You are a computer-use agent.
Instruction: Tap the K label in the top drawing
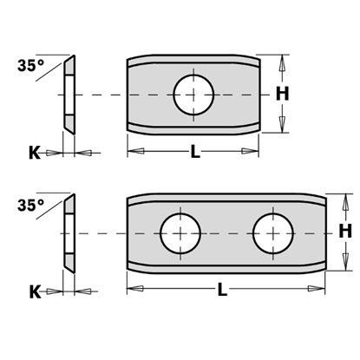coord(34,152)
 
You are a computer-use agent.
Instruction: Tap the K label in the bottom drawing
coord(34,291)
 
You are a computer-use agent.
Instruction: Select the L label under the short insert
coord(195,153)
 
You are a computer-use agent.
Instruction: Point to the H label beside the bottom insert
coord(344,232)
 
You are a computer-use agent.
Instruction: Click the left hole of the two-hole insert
coord(180,232)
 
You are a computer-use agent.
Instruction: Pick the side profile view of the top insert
coord(68,94)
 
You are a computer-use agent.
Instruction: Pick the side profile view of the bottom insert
coord(68,232)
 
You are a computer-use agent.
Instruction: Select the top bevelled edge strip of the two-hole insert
coord(227,200)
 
